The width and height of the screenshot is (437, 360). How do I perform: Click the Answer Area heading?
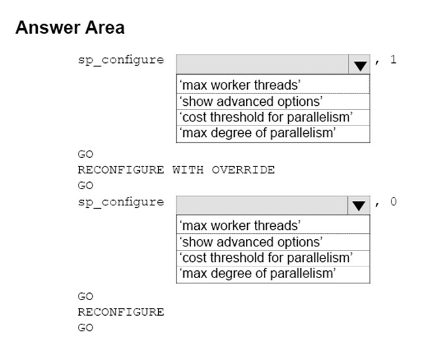click(x=70, y=27)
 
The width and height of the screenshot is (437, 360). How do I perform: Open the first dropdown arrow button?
click(x=359, y=64)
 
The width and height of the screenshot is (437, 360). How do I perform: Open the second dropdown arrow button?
click(x=359, y=205)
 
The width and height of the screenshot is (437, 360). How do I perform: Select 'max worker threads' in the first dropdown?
click(x=240, y=85)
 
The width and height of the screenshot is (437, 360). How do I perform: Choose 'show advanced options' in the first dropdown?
click(x=251, y=101)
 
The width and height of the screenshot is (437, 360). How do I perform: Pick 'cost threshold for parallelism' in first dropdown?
click(x=266, y=117)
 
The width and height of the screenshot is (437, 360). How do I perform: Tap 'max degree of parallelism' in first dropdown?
click(x=258, y=133)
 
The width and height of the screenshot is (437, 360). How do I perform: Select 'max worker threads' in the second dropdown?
click(x=240, y=225)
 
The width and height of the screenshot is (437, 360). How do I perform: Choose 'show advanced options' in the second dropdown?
click(x=251, y=242)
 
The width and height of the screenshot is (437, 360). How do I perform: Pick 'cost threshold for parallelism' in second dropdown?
click(x=266, y=257)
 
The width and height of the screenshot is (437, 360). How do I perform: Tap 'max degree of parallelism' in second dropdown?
click(x=258, y=274)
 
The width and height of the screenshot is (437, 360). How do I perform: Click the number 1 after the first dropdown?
click(x=393, y=59)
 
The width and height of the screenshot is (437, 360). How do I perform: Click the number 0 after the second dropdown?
click(x=393, y=201)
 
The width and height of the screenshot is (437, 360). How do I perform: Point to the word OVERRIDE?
click(x=243, y=170)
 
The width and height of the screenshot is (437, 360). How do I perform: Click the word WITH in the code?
click(x=188, y=170)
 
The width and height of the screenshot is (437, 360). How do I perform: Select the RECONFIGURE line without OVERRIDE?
click(x=121, y=312)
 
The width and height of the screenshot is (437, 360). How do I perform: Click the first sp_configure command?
click(x=121, y=60)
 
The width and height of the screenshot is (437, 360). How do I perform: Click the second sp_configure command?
click(x=121, y=202)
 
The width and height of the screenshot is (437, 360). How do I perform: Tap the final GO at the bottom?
click(x=86, y=328)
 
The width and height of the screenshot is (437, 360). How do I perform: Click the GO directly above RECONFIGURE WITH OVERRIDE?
click(x=86, y=154)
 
